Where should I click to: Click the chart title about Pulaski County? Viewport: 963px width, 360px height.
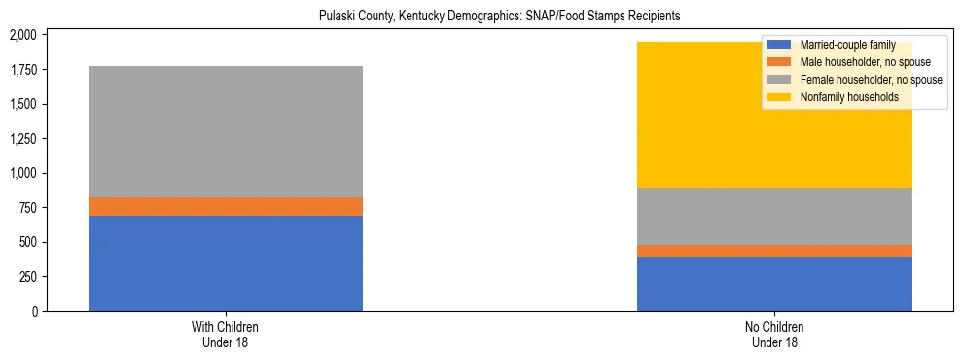coord(499,16)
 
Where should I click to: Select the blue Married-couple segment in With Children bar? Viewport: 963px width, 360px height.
coord(226,263)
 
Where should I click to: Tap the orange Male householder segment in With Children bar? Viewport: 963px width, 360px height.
coord(226,206)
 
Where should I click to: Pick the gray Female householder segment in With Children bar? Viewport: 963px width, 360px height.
coord(226,131)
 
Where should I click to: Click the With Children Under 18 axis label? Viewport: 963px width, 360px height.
coord(226,334)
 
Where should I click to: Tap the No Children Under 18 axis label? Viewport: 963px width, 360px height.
coord(775,334)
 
